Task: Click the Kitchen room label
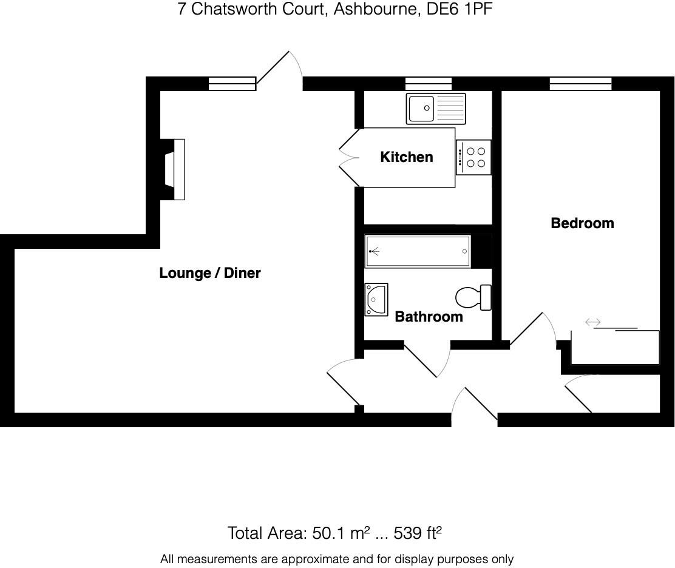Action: (x=406, y=157)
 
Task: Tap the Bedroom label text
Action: (x=582, y=223)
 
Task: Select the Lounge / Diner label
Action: (x=209, y=273)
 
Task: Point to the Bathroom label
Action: (x=429, y=317)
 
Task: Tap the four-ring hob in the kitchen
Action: (x=473, y=157)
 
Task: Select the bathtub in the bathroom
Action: (x=418, y=251)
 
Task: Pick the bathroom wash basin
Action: (x=376, y=300)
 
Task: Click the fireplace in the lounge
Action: (x=175, y=169)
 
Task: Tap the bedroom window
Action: (x=580, y=84)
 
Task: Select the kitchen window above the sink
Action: (x=429, y=84)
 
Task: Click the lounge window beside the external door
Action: (x=231, y=84)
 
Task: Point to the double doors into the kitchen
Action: (x=350, y=157)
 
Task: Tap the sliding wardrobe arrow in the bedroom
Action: (x=592, y=323)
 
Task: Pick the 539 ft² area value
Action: (x=418, y=533)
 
